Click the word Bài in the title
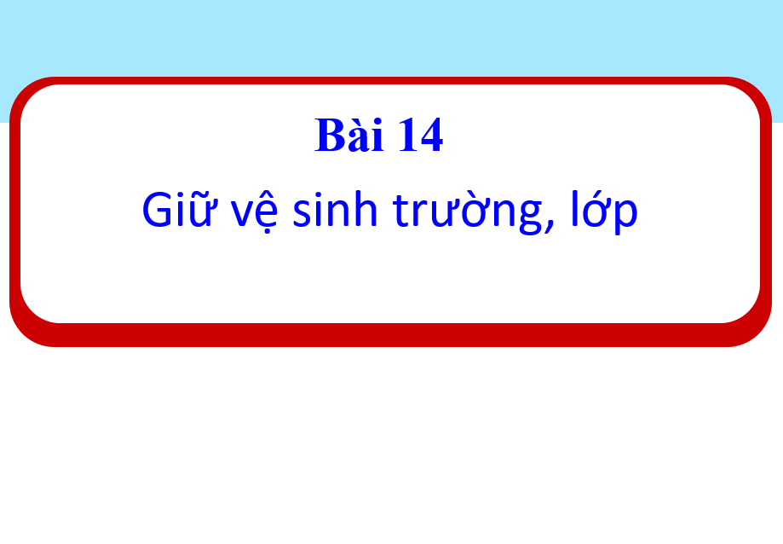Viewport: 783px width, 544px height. tap(349, 134)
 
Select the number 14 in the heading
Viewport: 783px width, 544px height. tap(420, 135)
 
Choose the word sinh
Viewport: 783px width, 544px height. tap(335, 209)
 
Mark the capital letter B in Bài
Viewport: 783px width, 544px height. tap(331, 135)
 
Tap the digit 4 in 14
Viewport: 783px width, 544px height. tap(431, 135)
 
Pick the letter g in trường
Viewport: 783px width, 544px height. tap(529, 216)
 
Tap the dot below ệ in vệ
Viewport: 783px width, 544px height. tap(266, 231)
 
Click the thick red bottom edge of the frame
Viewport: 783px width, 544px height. tap(390, 335)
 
